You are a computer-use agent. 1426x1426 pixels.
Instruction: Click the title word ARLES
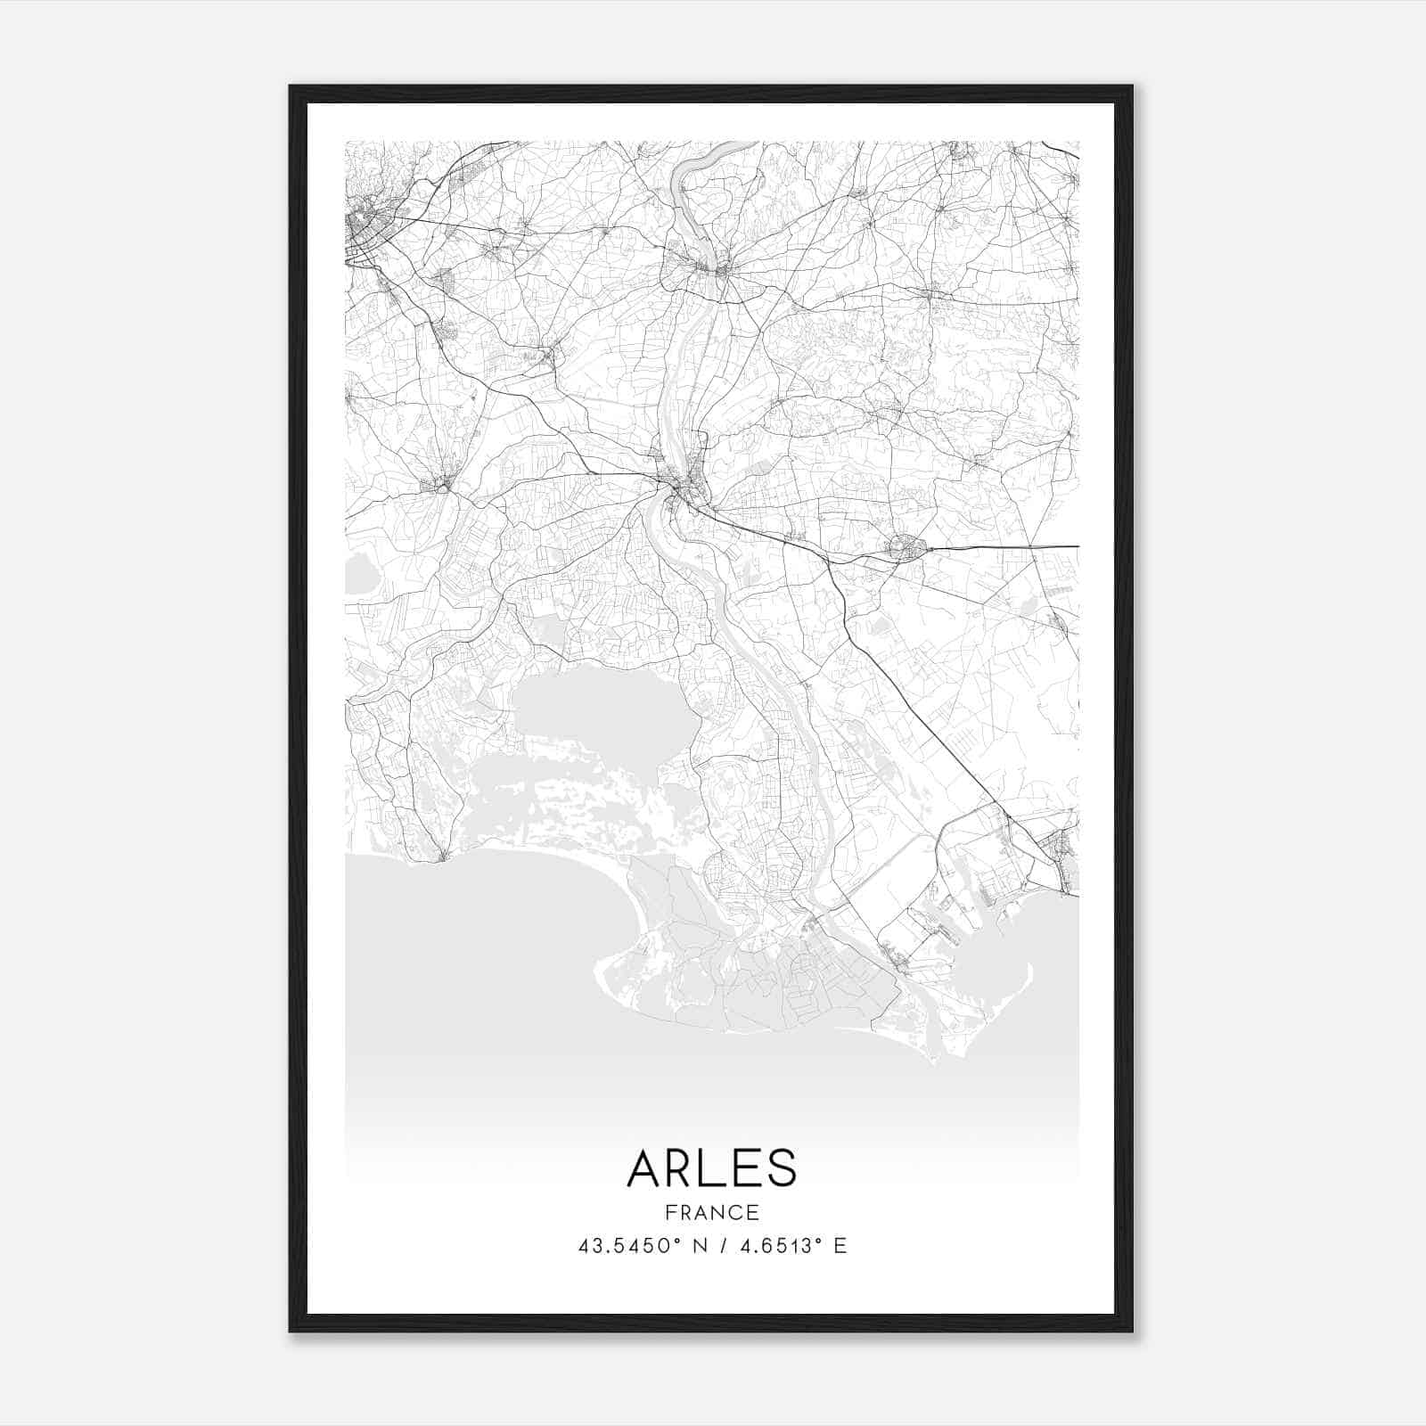click(711, 1168)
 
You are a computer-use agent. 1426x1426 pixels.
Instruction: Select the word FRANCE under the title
click(711, 1213)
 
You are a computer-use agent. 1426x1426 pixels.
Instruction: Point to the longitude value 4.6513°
click(774, 1246)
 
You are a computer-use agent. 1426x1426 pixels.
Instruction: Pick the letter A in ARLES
click(643, 1168)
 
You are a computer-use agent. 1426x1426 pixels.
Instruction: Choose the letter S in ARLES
click(780, 1168)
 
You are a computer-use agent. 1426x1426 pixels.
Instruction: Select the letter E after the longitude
click(840, 1246)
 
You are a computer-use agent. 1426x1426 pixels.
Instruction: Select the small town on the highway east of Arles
click(906, 547)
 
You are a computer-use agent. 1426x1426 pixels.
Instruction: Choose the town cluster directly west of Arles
click(440, 483)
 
